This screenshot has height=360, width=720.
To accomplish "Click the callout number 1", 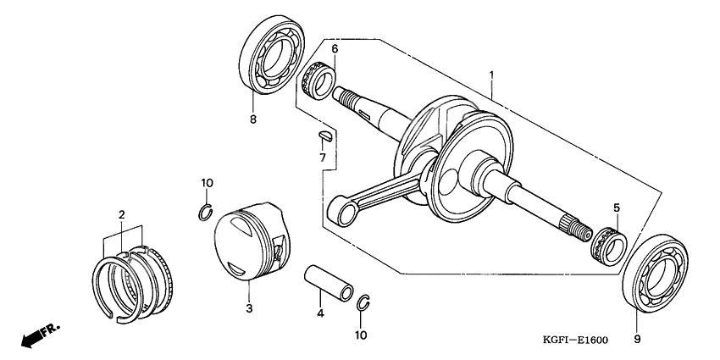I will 491,75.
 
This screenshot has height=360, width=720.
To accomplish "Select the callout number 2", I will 122,216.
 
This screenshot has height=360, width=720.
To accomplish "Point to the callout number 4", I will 320,314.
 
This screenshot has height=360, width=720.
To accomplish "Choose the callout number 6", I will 335,50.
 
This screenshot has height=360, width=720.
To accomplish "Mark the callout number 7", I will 323,158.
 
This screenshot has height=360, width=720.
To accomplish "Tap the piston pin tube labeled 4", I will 330,282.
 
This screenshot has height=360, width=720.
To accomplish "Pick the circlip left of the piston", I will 205,212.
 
